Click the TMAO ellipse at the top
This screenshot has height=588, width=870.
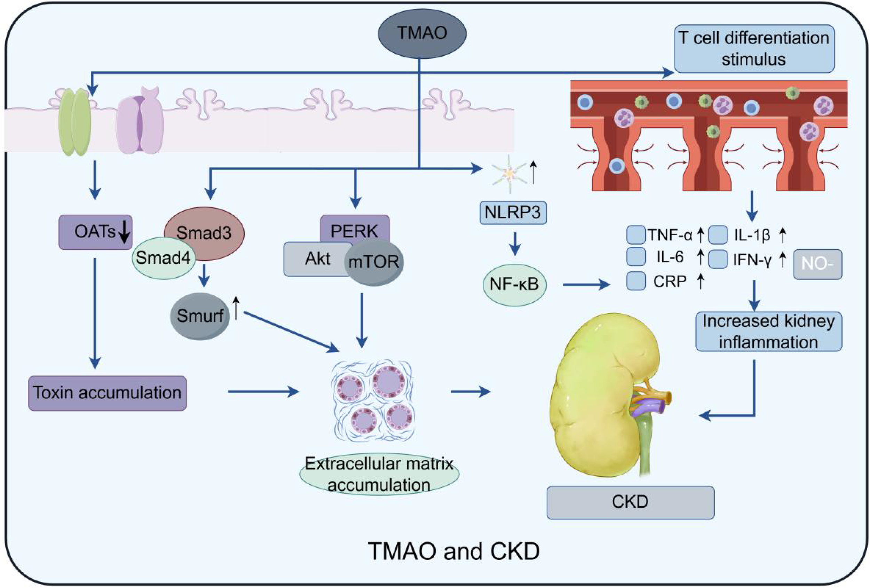tap(422, 33)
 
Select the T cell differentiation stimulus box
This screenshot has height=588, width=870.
tap(754, 49)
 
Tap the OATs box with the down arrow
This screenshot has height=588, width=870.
tap(95, 232)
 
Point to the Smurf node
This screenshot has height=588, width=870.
tap(200, 316)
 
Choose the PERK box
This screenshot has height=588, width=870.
tap(355, 228)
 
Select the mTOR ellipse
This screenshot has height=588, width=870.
tap(374, 262)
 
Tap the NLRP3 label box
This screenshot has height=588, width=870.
tap(513, 213)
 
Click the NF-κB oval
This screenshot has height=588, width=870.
tap(514, 285)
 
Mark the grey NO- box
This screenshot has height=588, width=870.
tap(817, 264)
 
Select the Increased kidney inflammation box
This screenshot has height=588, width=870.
tap(768, 332)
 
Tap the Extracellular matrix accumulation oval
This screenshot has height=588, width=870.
tap(379, 475)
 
